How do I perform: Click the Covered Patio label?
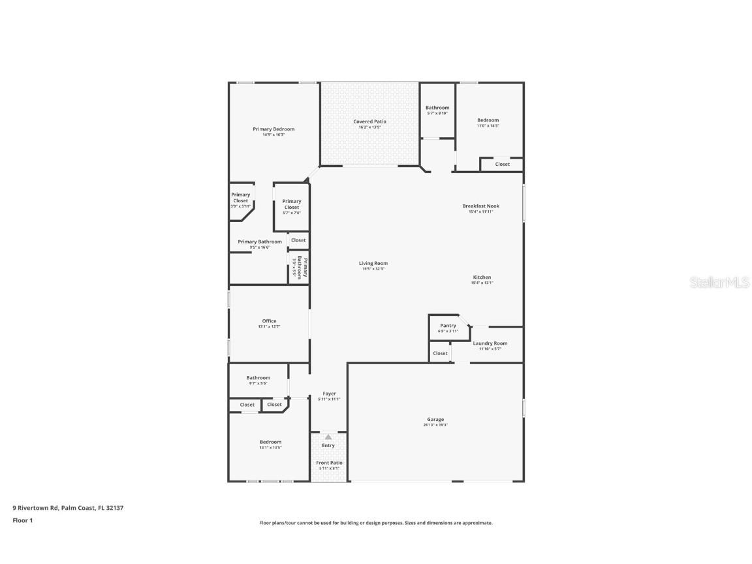pyautogui.click(x=370, y=121)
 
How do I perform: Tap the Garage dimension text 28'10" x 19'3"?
pyautogui.click(x=435, y=425)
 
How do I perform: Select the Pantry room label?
pyautogui.click(x=448, y=325)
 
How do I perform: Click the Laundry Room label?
pyautogui.click(x=490, y=343)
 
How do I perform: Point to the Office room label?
pyautogui.click(x=269, y=321)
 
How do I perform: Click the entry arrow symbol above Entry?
pyautogui.click(x=328, y=437)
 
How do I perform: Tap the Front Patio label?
pyautogui.click(x=329, y=462)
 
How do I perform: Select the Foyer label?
pyautogui.click(x=329, y=394)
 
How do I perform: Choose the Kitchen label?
pyautogui.click(x=482, y=277)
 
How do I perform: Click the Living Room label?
pyautogui.click(x=373, y=263)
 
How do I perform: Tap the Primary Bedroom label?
pyautogui.click(x=274, y=129)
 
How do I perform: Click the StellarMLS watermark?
pyautogui.click(x=721, y=282)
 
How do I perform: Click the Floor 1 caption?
pyautogui.click(x=22, y=520)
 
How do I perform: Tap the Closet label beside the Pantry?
pyautogui.click(x=441, y=353)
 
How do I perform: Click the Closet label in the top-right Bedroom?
pyautogui.click(x=502, y=164)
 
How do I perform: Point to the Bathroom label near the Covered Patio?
pyautogui.click(x=437, y=107)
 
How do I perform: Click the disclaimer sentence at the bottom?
pyautogui.click(x=376, y=523)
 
